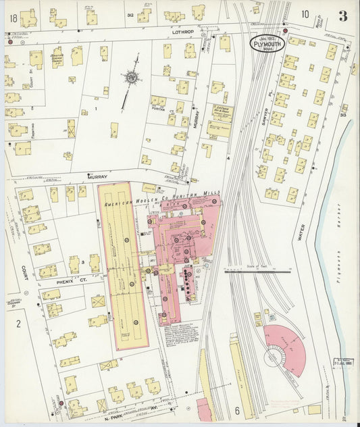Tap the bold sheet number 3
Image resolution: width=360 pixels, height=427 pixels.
coord(343,16)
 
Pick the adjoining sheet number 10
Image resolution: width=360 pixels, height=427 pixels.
coord(305,14)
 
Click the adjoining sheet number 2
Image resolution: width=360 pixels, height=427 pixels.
coord(18,323)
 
